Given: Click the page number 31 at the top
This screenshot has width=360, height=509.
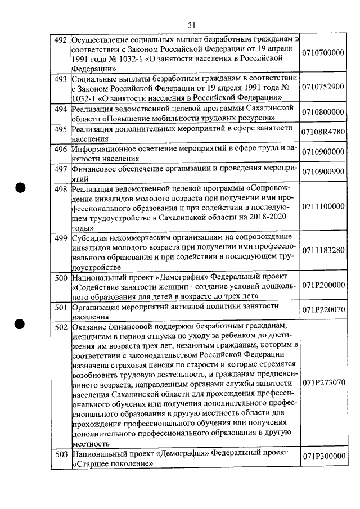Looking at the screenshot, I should coord(192,24).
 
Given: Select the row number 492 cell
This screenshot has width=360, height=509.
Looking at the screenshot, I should coord(60,40).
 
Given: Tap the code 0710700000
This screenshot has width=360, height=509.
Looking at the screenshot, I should coord(323,53).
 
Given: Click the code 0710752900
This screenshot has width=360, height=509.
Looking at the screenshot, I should coord(323,87).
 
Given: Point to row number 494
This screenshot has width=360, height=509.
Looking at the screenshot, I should coord(60,108).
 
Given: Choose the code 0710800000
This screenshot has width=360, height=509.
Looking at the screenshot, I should coord(323,112).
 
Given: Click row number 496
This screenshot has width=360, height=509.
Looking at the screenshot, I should coord(60,149).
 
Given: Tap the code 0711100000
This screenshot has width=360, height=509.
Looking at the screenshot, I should coord(323,206).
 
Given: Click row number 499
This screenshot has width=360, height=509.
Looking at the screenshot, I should coord(60,238).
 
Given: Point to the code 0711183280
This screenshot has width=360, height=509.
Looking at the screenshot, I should coord(323,251).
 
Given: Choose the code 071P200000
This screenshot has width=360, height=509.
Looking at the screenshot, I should coord(323,285).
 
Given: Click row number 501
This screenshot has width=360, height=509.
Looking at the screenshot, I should coord(60,307).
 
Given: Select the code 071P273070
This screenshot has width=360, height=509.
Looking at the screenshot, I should coord(323,382).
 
